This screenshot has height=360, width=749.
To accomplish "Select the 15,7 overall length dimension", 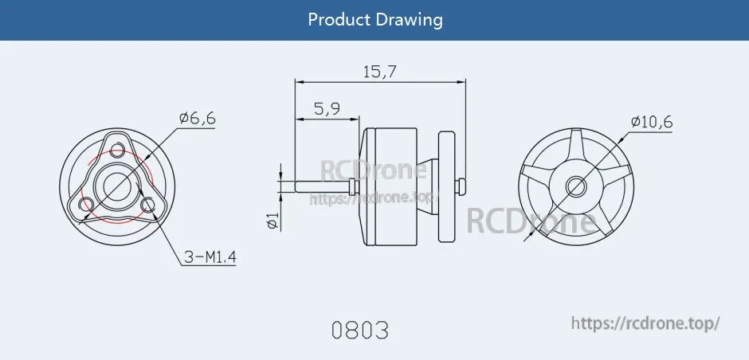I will (x=380, y=72).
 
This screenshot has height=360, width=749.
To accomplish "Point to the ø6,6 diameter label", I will (x=198, y=119).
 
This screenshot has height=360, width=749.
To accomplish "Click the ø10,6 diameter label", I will (x=652, y=122).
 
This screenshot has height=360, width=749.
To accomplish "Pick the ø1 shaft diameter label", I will (x=272, y=221).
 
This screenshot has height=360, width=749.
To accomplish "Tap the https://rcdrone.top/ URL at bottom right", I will (x=646, y=323).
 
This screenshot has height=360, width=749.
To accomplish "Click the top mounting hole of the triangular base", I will (x=118, y=150).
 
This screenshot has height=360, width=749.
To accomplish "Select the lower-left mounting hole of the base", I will (x=87, y=205).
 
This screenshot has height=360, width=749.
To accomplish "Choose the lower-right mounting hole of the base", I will (x=147, y=205).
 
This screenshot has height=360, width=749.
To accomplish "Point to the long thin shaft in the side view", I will (x=323, y=186).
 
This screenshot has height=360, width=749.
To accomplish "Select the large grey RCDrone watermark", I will (x=531, y=221).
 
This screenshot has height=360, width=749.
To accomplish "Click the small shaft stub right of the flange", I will (x=461, y=186).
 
